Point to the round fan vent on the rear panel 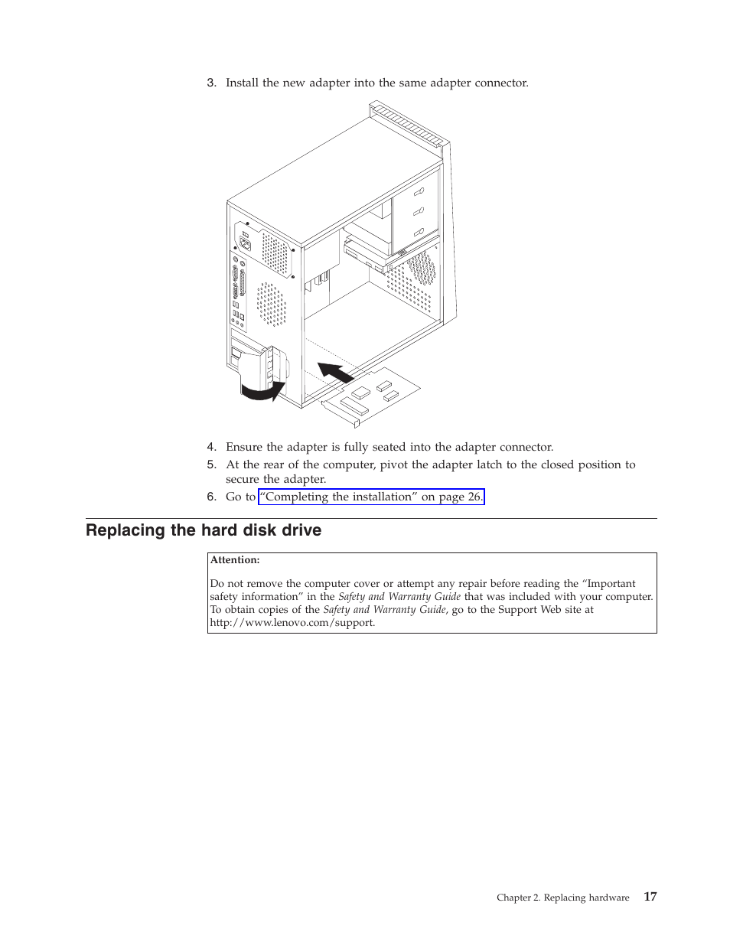click(270, 304)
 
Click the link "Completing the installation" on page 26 click(371, 497)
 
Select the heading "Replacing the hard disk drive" click(204, 530)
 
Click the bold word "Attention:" click(235, 560)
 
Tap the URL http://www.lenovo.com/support click(292, 623)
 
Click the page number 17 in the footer click(650, 897)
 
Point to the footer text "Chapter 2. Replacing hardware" click(562, 898)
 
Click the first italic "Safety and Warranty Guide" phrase click(399, 597)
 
